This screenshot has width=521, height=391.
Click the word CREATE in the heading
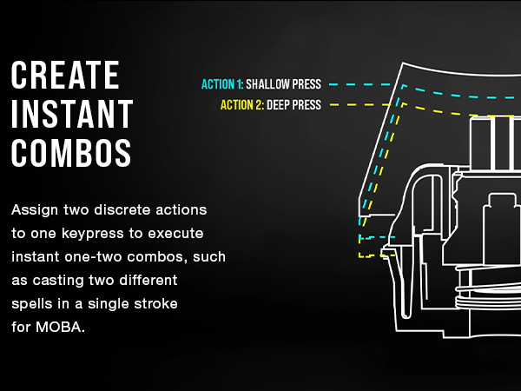[65, 76]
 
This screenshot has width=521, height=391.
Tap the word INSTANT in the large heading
[71, 115]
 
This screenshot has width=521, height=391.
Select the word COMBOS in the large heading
[71, 153]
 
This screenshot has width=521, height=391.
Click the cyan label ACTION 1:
[221, 85]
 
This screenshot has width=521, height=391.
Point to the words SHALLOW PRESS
[283, 85]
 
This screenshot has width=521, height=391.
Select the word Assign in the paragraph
[35, 210]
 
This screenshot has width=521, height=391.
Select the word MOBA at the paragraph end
[62, 328]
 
